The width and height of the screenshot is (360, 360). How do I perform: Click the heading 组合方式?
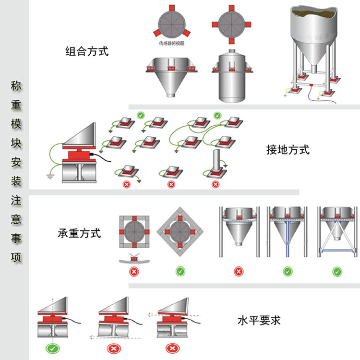[87, 51]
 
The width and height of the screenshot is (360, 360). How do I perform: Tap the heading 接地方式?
[288, 149]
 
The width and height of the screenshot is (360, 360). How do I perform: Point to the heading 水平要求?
[259, 320]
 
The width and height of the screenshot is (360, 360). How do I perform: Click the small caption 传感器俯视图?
[172, 43]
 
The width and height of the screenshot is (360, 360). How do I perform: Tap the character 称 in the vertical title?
[15, 87]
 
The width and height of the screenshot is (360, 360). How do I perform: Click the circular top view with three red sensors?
[172, 22]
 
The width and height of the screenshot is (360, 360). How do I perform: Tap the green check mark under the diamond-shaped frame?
[180, 271]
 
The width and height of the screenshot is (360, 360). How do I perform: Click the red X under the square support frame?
[134, 272]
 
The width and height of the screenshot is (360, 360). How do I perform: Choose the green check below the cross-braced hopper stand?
[337, 272]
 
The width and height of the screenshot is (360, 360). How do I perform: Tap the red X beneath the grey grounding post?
[214, 184]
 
